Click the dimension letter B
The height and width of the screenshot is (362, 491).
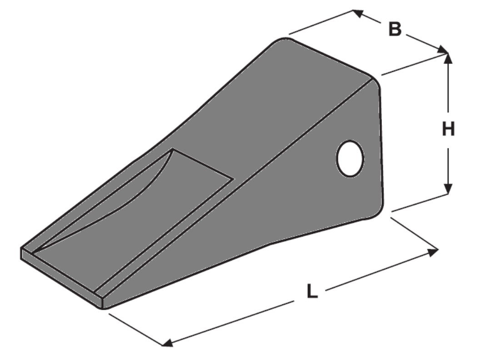[395, 29]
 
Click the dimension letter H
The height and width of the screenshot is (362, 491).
[448, 129]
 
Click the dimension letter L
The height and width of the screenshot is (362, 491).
[312, 291]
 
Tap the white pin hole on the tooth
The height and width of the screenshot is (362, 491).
[350, 158]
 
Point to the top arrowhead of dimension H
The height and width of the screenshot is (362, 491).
[448, 58]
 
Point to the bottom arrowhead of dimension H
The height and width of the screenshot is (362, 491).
[448, 187]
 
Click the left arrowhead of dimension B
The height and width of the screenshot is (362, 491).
[358, 13]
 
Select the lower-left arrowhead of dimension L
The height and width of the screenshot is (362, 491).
[167, 342]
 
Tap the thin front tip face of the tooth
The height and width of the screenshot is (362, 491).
[61, 277]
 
